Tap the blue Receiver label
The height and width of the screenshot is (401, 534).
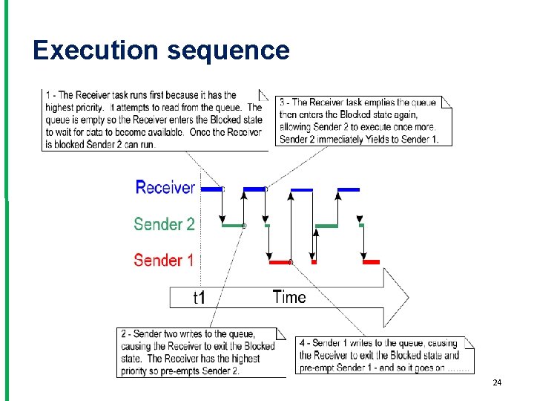click(165, 188)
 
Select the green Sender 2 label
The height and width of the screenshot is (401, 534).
click(164, 224)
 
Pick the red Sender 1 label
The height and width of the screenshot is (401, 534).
click(164, 260)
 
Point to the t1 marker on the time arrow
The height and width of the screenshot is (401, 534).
click(199, 298)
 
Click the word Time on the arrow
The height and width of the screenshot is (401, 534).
click(289, 297)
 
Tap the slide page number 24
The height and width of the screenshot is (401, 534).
click(497, 382)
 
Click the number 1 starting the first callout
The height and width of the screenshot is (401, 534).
click(48, 95)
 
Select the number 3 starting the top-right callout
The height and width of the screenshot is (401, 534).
click(283, 102)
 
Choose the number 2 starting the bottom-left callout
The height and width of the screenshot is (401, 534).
click(125, 334)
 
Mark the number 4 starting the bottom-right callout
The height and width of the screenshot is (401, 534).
click(303, 343)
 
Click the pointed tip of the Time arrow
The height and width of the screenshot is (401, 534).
click(407, 297)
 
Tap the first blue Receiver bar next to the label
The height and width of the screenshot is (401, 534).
click(212, 189)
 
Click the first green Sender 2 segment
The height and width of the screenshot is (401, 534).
click(233, 225)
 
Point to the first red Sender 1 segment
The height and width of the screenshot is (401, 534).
click(280, 262)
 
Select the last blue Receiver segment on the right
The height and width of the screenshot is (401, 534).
click(349, 189)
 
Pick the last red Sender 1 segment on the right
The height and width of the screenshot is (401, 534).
click(371, 262)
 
